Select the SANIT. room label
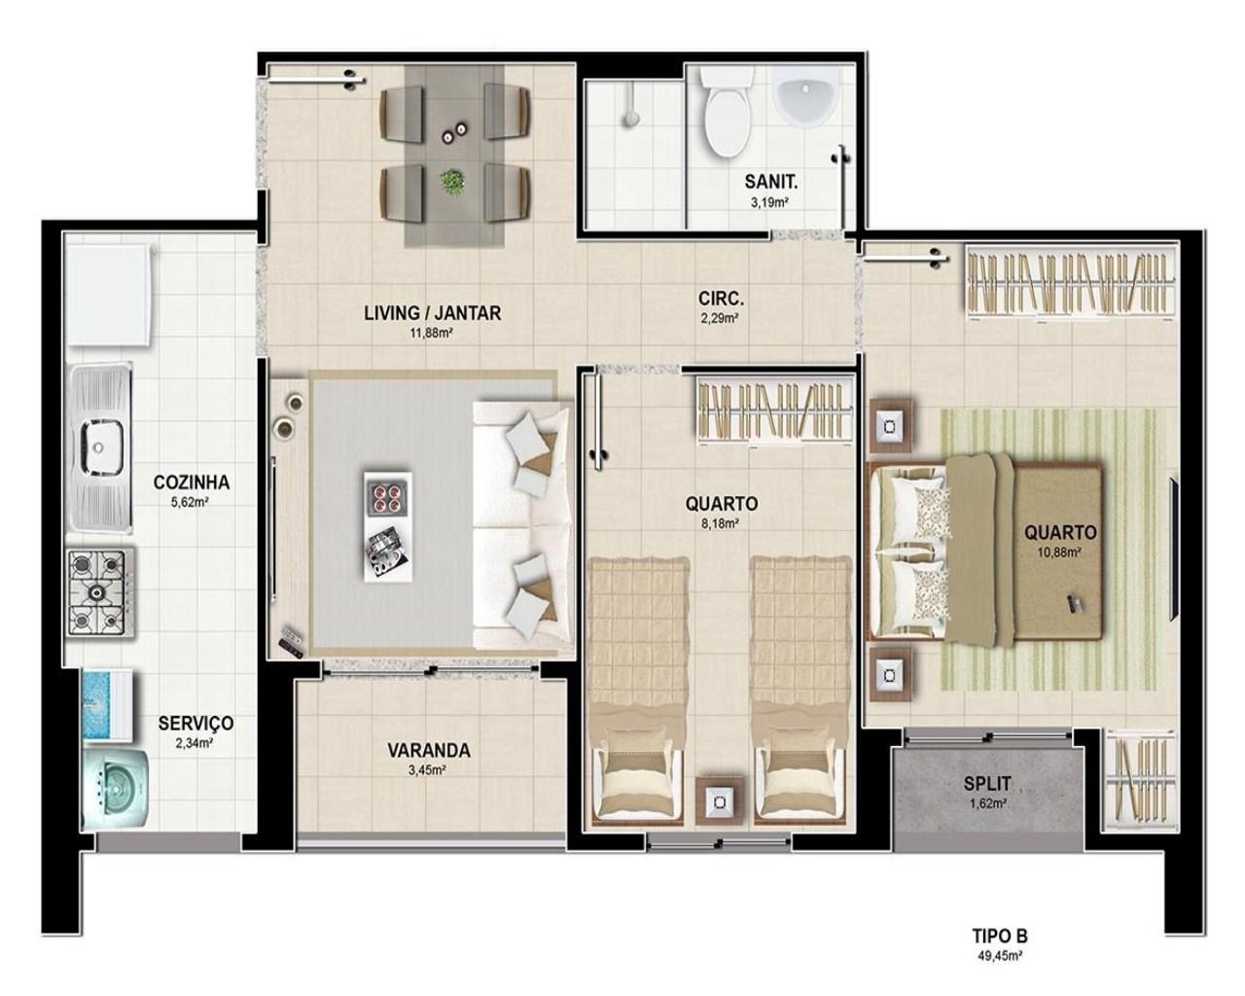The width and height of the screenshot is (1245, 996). [770, 182]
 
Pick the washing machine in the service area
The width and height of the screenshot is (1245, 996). [115, 790]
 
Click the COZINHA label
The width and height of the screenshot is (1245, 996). [191, 482]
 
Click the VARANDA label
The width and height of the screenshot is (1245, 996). [428, 751]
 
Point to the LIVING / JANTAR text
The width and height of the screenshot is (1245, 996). [432, 313]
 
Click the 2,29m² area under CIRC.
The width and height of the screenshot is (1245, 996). [720, 318]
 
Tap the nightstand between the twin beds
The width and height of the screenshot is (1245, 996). [720, 802]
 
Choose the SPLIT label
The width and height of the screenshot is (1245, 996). [987, 784]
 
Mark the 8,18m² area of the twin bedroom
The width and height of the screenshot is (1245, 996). [721, 523]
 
